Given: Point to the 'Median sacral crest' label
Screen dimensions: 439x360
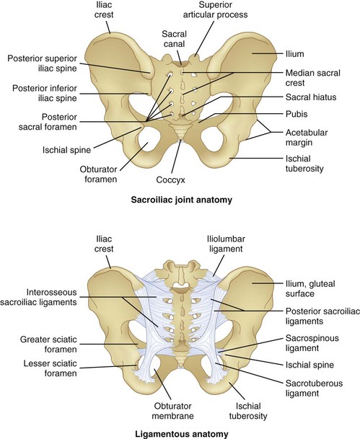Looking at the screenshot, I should [x=307, y=78].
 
